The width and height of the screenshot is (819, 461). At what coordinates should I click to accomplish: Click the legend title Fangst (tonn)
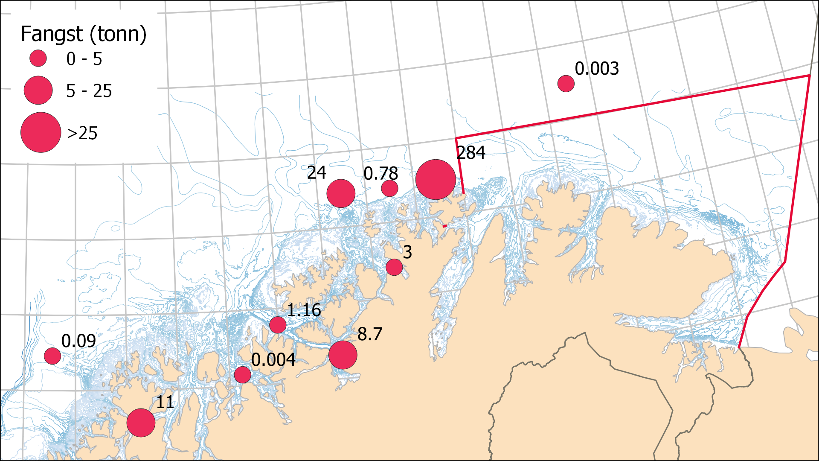84,34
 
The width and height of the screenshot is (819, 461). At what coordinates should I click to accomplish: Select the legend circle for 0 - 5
38,58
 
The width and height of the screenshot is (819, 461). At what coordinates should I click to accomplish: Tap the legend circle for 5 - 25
38,90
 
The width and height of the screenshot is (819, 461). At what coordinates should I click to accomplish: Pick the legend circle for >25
41,132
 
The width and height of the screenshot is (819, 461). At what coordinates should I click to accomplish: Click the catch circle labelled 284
436,180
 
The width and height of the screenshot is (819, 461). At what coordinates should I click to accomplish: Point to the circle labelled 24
341,193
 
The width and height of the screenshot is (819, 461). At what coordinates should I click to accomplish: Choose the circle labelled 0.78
389,188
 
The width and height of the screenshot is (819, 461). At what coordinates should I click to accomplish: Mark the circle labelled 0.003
566,84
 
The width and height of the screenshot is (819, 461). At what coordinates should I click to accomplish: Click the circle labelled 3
394,267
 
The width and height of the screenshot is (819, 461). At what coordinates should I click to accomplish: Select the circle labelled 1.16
278,325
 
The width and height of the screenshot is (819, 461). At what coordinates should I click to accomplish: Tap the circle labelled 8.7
343,355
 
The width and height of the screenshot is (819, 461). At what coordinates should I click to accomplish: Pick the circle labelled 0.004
243,375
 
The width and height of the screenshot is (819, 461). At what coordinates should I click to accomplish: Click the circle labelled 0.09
52,356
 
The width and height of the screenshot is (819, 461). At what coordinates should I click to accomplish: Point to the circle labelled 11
141,423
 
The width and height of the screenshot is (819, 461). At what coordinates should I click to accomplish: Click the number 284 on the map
471,153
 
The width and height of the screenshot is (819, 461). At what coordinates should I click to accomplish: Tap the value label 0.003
597,68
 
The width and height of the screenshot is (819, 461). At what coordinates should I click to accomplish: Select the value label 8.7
369,334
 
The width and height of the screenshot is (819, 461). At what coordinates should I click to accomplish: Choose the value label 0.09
78,341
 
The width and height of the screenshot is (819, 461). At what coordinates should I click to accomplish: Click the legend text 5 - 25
89,91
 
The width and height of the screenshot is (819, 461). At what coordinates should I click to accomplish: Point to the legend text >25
82,133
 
